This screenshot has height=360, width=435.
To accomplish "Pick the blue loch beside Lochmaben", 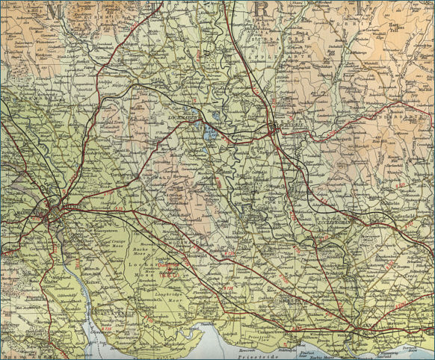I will click(x=210, y=134).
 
